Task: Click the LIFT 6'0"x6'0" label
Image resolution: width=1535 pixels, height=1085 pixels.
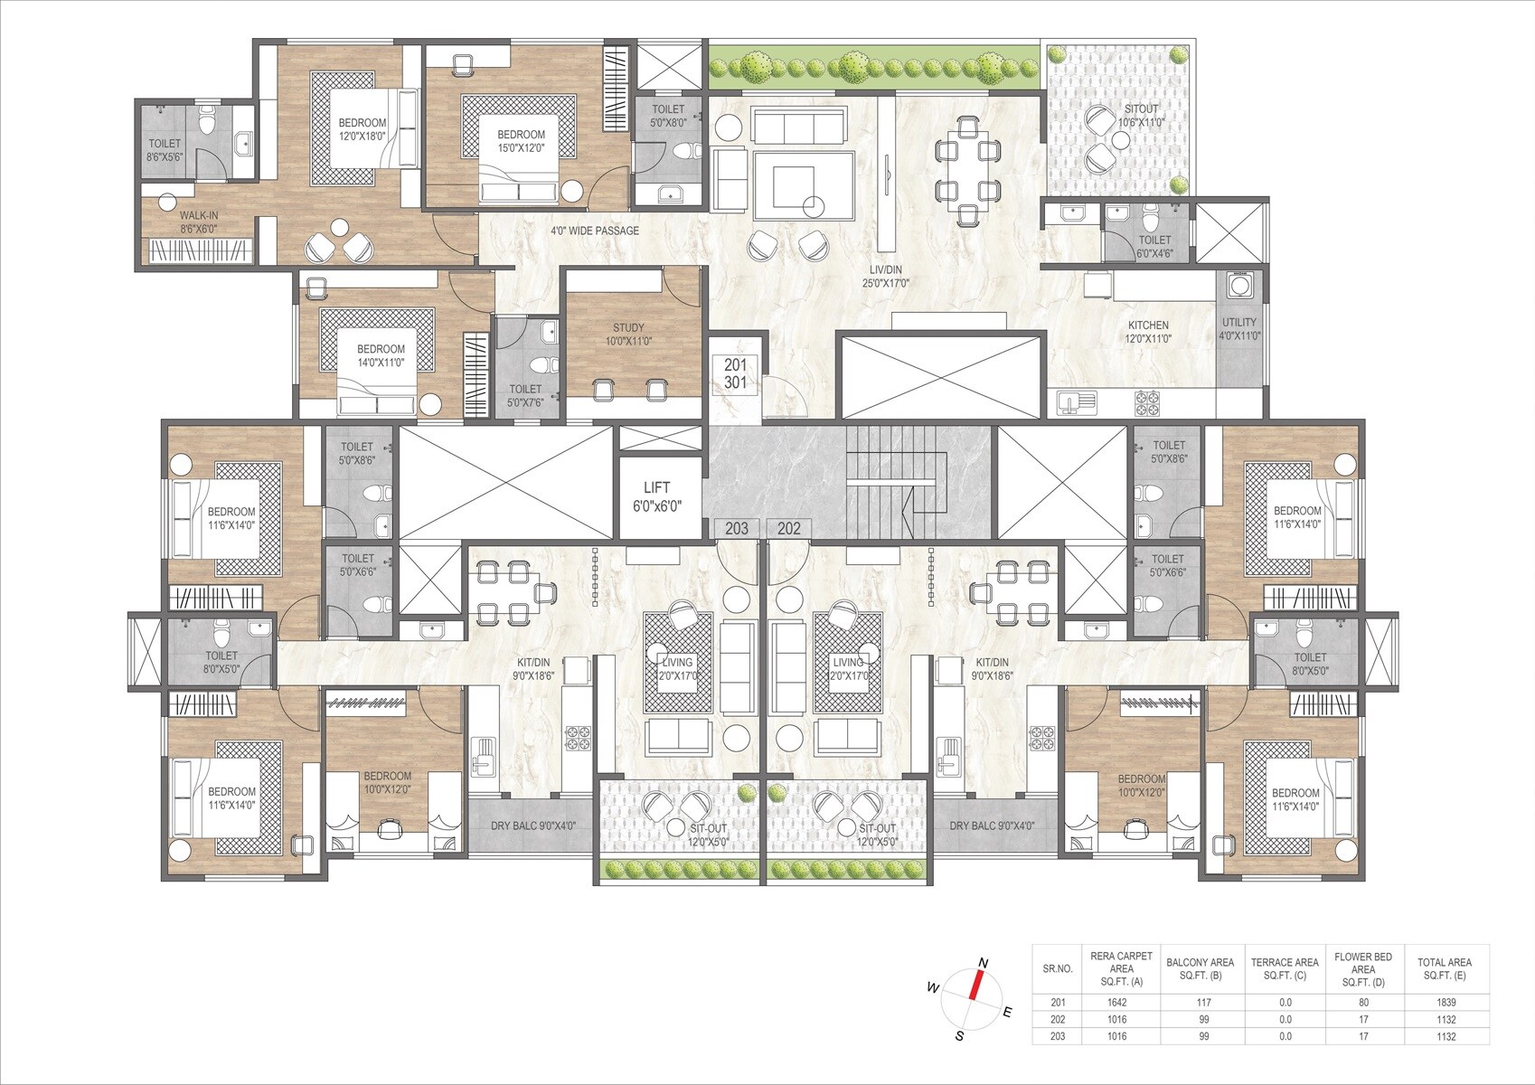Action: (657, 496)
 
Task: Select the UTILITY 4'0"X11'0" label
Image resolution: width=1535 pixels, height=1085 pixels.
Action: (1239, 328)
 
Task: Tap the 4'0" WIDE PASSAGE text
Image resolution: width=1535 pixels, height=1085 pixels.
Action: (595, 231)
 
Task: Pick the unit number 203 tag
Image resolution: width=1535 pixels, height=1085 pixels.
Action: (736, 528)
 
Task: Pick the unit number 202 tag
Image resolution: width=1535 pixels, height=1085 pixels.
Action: (788, 528)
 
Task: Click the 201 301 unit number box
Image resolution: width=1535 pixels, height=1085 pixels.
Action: (735, 373)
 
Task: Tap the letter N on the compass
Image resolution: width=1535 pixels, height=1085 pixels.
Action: (984, 962)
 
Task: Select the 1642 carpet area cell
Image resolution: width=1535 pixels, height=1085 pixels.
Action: (1116, 1002)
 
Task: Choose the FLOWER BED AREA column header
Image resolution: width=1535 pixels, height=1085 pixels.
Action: (1362, 968)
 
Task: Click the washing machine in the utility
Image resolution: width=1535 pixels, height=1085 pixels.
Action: (1238, 284)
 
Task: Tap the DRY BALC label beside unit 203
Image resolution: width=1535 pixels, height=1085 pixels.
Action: (532, 826)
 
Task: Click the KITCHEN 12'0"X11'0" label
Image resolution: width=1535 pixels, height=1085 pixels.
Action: (1147, 332)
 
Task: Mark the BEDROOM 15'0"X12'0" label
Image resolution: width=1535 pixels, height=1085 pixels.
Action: (521, 141)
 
